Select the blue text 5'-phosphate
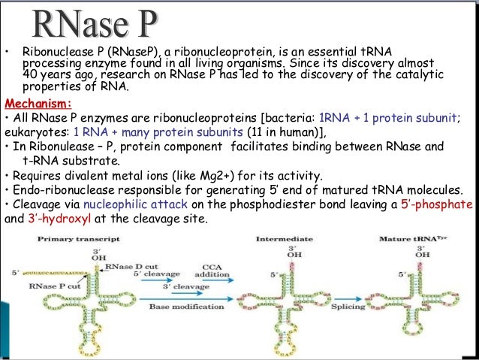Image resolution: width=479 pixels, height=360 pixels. pyautogui.click(x=444, y=204)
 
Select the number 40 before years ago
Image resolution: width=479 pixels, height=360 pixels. pyautogui.click(x=30, y=74)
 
